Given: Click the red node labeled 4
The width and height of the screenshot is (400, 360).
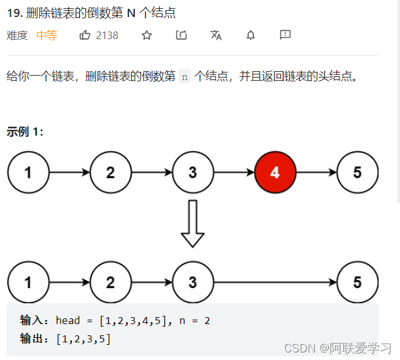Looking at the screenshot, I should [x=275, y=172].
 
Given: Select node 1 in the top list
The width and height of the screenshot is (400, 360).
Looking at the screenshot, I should [x=28, y=172].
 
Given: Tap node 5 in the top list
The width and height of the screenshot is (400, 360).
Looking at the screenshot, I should [x=357, y=172].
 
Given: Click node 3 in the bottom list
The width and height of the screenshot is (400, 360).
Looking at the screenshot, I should [x=193, y=282].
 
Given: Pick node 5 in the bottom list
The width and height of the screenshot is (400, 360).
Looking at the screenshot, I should [x=357, y=282].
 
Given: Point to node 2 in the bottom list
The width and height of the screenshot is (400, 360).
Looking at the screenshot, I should [x=110, y=282].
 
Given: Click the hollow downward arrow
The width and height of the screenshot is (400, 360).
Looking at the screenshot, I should [x=192, y=224].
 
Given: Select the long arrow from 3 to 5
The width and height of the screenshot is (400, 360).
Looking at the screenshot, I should [x=275, y=282].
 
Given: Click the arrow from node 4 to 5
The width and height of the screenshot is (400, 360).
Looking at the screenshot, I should [x=316, y=172].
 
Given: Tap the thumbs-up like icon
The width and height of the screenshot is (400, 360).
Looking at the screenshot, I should [x=85, y=35].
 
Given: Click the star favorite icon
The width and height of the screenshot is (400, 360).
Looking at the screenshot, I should [x=147, y=35].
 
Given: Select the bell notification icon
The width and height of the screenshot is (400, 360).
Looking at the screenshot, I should [x=251, y=35].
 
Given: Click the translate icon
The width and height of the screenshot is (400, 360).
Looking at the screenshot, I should [x=216, y=35].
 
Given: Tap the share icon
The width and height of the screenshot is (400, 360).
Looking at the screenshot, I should [x=181, y=35].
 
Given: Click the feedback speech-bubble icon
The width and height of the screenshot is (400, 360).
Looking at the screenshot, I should [x=285, y=35].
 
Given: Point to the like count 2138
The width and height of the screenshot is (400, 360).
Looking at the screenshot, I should [x=107, y=35].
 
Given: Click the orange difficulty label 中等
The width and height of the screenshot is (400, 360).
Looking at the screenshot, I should [x=47, y=35].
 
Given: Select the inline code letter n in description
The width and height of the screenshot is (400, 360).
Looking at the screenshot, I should [x=185, y=77].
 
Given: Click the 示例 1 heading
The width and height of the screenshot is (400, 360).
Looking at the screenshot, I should [x=25, y=132].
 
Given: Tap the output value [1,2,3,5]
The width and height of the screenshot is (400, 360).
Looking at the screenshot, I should [x=83, y=339].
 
